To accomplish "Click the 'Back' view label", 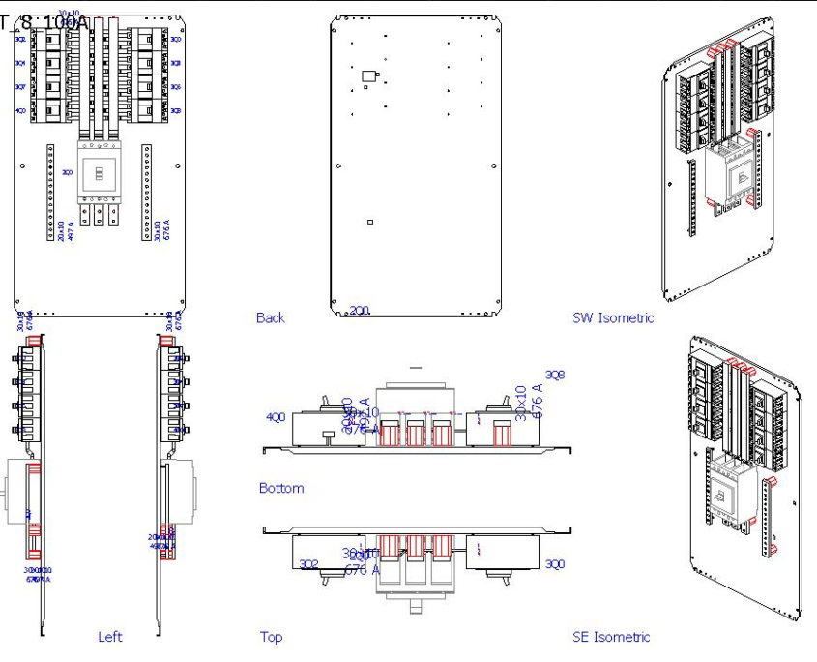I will tap(271, 317).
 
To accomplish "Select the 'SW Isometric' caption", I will tap(613, 317).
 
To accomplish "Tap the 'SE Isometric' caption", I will tap(611, 636).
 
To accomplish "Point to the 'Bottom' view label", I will tap(281, 488).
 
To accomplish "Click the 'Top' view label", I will tap(271, 637).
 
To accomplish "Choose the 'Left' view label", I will tap(110, 637).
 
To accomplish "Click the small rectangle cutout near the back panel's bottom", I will tap(370, 223).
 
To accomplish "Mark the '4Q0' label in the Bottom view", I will tap(276, 418).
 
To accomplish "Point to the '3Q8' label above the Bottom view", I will tap(555, 375).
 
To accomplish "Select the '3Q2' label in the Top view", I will tap(308, 564).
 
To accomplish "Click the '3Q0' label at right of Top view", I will tap(555, 564).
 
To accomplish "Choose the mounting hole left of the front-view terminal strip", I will tap(23, 165).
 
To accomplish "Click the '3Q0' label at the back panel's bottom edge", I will tap(359, 310).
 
